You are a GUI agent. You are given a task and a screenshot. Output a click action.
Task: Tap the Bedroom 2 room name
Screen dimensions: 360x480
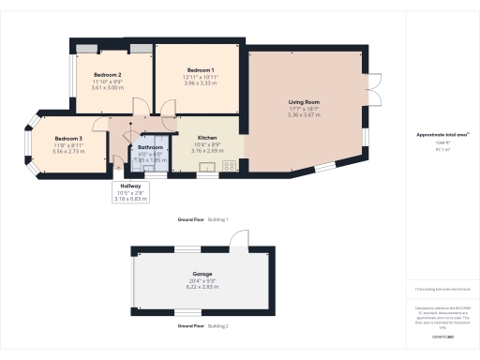(x=108, y=74)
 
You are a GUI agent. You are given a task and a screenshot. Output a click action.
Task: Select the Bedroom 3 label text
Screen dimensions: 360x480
(x=54, y=139)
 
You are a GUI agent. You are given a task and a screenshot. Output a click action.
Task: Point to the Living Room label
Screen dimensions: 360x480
(x=304, y=101)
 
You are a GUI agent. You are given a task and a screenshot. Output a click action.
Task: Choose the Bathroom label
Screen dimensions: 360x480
(x=151, y=148)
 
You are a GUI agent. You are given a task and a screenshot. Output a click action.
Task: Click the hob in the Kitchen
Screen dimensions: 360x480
(x=227, y=167)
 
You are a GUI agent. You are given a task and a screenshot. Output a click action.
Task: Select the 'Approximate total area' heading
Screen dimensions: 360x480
(x=441, y=134)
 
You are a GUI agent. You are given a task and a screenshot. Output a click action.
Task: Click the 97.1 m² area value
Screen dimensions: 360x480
(x=441, y=149)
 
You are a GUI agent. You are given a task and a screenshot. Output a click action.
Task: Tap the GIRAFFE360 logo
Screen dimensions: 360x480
(x=441, y=335)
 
